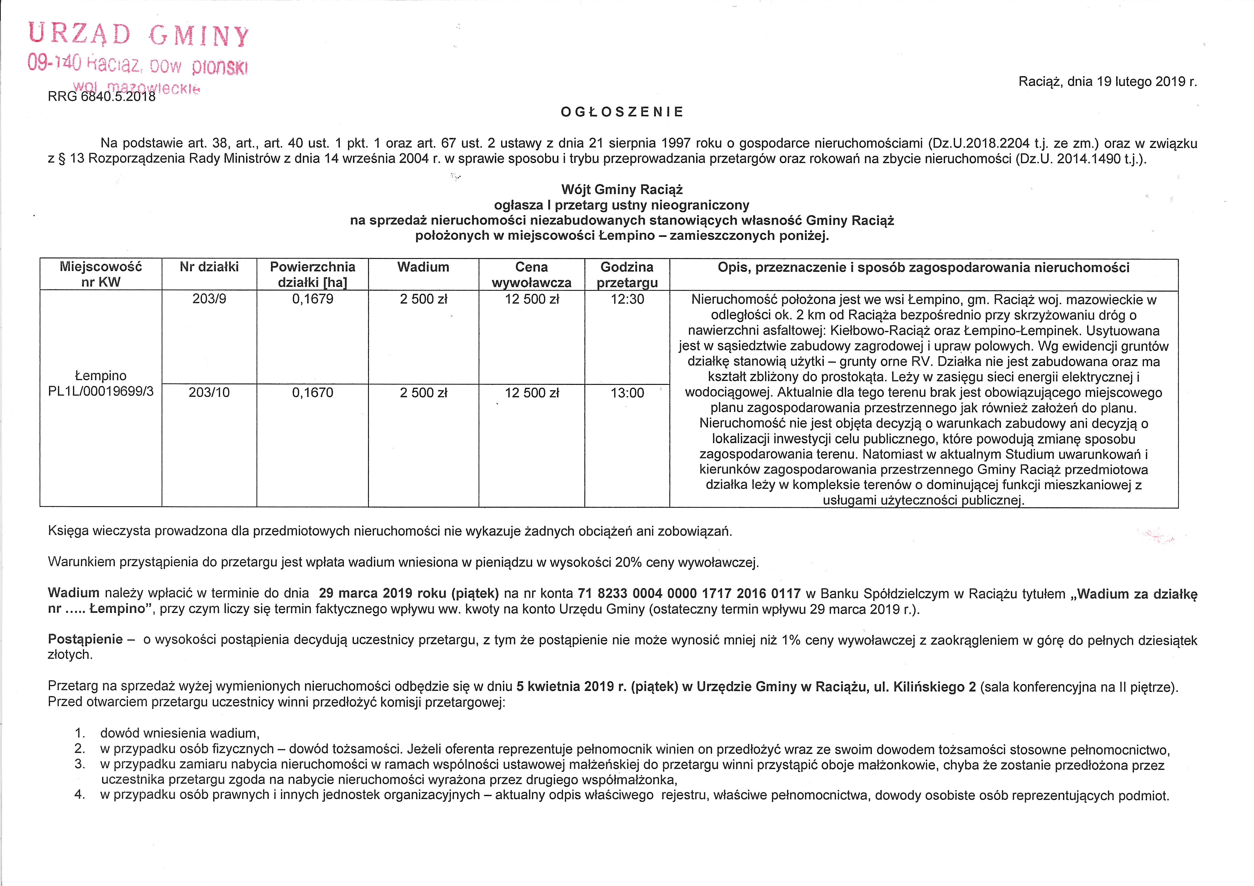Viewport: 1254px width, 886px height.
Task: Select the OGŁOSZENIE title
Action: pyautogui.click(x=622, y=112)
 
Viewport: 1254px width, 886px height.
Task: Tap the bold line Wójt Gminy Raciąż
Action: pyautogui.click(x=622, y=190)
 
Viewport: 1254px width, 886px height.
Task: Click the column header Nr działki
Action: pyautogui.click(x=209, y=267)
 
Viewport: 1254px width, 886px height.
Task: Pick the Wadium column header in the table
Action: pyautogui.click(x=423, y=267)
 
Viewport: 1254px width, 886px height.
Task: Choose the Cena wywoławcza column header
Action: pyautogui.click(x=531, y=275)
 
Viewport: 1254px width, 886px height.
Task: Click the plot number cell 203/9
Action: pyautogui.click(x=209, y=299)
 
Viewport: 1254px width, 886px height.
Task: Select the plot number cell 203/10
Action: pyautogui.click(x=209, y=393)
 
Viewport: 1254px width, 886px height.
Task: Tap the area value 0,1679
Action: pyautogui.click(x=312, y=299)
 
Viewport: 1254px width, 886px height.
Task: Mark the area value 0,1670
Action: pyautogui.click(x=312, y=393)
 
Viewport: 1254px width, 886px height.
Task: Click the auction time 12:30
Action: pyautogui.click(x=627, y=299)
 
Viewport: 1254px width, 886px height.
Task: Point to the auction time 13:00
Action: pyautogui.click(x=627, y=393)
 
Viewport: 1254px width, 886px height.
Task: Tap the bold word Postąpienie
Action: pyautogui.click(x=85, y=639)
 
